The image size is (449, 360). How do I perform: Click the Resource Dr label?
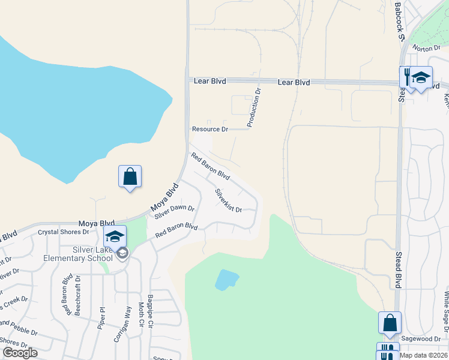(210, 129)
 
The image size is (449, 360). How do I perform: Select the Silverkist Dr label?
(228, 201)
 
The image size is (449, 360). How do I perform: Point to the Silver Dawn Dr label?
(174, 212)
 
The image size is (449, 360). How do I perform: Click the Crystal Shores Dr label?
(63, 232)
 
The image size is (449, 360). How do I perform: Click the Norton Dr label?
(423, 49)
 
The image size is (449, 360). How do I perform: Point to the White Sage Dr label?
(447, 312)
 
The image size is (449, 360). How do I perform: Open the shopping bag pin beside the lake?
(130, 176)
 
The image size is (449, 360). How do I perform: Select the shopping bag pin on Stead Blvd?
(390, 322)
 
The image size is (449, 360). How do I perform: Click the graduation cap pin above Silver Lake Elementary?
(115, 236)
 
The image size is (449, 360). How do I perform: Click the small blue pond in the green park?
(226, 279)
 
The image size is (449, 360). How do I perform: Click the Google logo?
(20, 353)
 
